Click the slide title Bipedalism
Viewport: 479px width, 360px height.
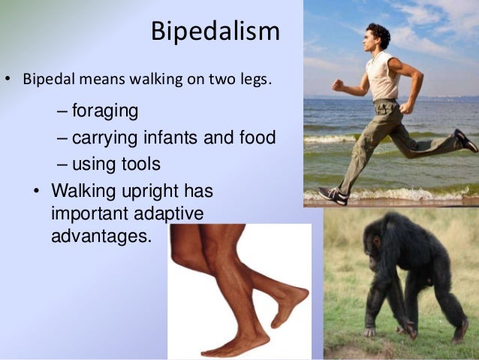tap(215, 31)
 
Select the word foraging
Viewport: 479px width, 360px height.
tap(105, 112)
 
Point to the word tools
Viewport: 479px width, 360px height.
tap(143, 163)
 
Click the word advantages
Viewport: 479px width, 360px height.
tap(101, 235)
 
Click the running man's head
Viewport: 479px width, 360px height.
tap(378, 35)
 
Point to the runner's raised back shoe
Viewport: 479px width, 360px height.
tap(466, 141)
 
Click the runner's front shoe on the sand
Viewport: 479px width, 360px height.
tap(333, 195)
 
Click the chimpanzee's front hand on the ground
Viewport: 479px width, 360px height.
tap(369, 331)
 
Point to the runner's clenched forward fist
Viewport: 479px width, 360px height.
tap(339, 85)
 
